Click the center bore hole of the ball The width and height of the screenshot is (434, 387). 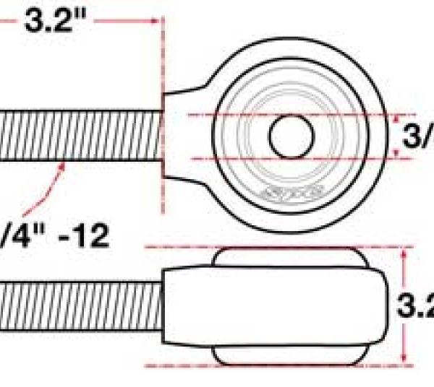[x=292, y=136]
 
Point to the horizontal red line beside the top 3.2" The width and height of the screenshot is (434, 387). [x=123, y=22]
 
